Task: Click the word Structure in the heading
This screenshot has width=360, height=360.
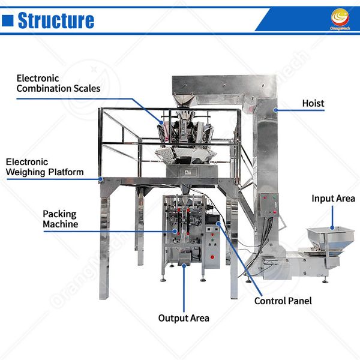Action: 56,21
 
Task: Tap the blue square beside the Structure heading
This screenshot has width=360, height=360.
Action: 8,21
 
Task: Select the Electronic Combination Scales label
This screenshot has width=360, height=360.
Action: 58,83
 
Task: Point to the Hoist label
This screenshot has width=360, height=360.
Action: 313,103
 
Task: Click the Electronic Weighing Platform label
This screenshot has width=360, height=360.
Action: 44,167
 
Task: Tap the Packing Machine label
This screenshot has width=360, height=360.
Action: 60,219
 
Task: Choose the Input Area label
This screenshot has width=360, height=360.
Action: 333,198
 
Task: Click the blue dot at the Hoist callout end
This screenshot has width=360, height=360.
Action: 275,110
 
